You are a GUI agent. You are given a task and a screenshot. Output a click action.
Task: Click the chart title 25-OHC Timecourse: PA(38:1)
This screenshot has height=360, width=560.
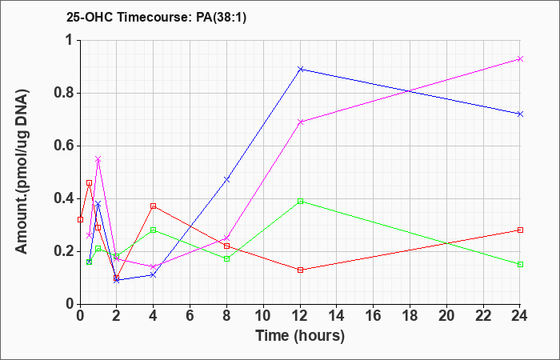click(x=157, y=18)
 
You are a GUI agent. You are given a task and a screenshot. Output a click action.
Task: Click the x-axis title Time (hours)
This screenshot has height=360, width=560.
click(x=300, y=336)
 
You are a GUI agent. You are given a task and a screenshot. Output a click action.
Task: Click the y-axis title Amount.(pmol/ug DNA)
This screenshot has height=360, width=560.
click(x=22, y=172)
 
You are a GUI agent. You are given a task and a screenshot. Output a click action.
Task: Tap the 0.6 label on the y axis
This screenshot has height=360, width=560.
click(x=65, y=146)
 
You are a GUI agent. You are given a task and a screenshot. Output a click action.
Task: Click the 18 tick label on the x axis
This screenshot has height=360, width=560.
click(x=410, y=316)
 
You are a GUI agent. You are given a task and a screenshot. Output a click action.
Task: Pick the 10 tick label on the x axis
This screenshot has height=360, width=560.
click(x=263, y=316)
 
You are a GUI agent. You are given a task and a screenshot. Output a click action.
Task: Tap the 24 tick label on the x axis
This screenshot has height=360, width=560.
click(x=520, y=316)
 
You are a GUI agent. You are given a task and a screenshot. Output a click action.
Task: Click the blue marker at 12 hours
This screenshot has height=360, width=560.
click(x=300, y=69)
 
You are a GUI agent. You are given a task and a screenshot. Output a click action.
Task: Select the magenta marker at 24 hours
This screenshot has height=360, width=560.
click(x=520, y=58)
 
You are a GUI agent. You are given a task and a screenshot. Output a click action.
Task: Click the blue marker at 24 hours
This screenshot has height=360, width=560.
click(x=520, y=114)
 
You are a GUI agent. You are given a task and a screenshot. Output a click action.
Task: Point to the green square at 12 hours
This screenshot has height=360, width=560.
click(x=300, y=201)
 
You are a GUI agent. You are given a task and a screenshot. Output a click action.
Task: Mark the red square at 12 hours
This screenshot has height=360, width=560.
click(x=300, y=270)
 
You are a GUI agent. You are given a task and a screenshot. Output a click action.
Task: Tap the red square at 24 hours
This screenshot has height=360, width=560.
click(x=520, y=230)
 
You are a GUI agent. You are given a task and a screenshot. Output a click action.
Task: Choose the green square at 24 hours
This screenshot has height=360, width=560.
click(x=520, y=264)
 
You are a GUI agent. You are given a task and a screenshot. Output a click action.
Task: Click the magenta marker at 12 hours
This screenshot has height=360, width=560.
click(x=300, y=122)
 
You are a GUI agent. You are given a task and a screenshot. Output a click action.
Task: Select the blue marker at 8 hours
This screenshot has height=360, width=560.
click(x=226, y=179)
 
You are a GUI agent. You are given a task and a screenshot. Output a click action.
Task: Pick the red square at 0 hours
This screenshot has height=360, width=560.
click(x=80, y=219)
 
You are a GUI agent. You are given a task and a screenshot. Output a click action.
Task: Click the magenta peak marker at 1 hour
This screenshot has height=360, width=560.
click(x=98, y=159)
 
